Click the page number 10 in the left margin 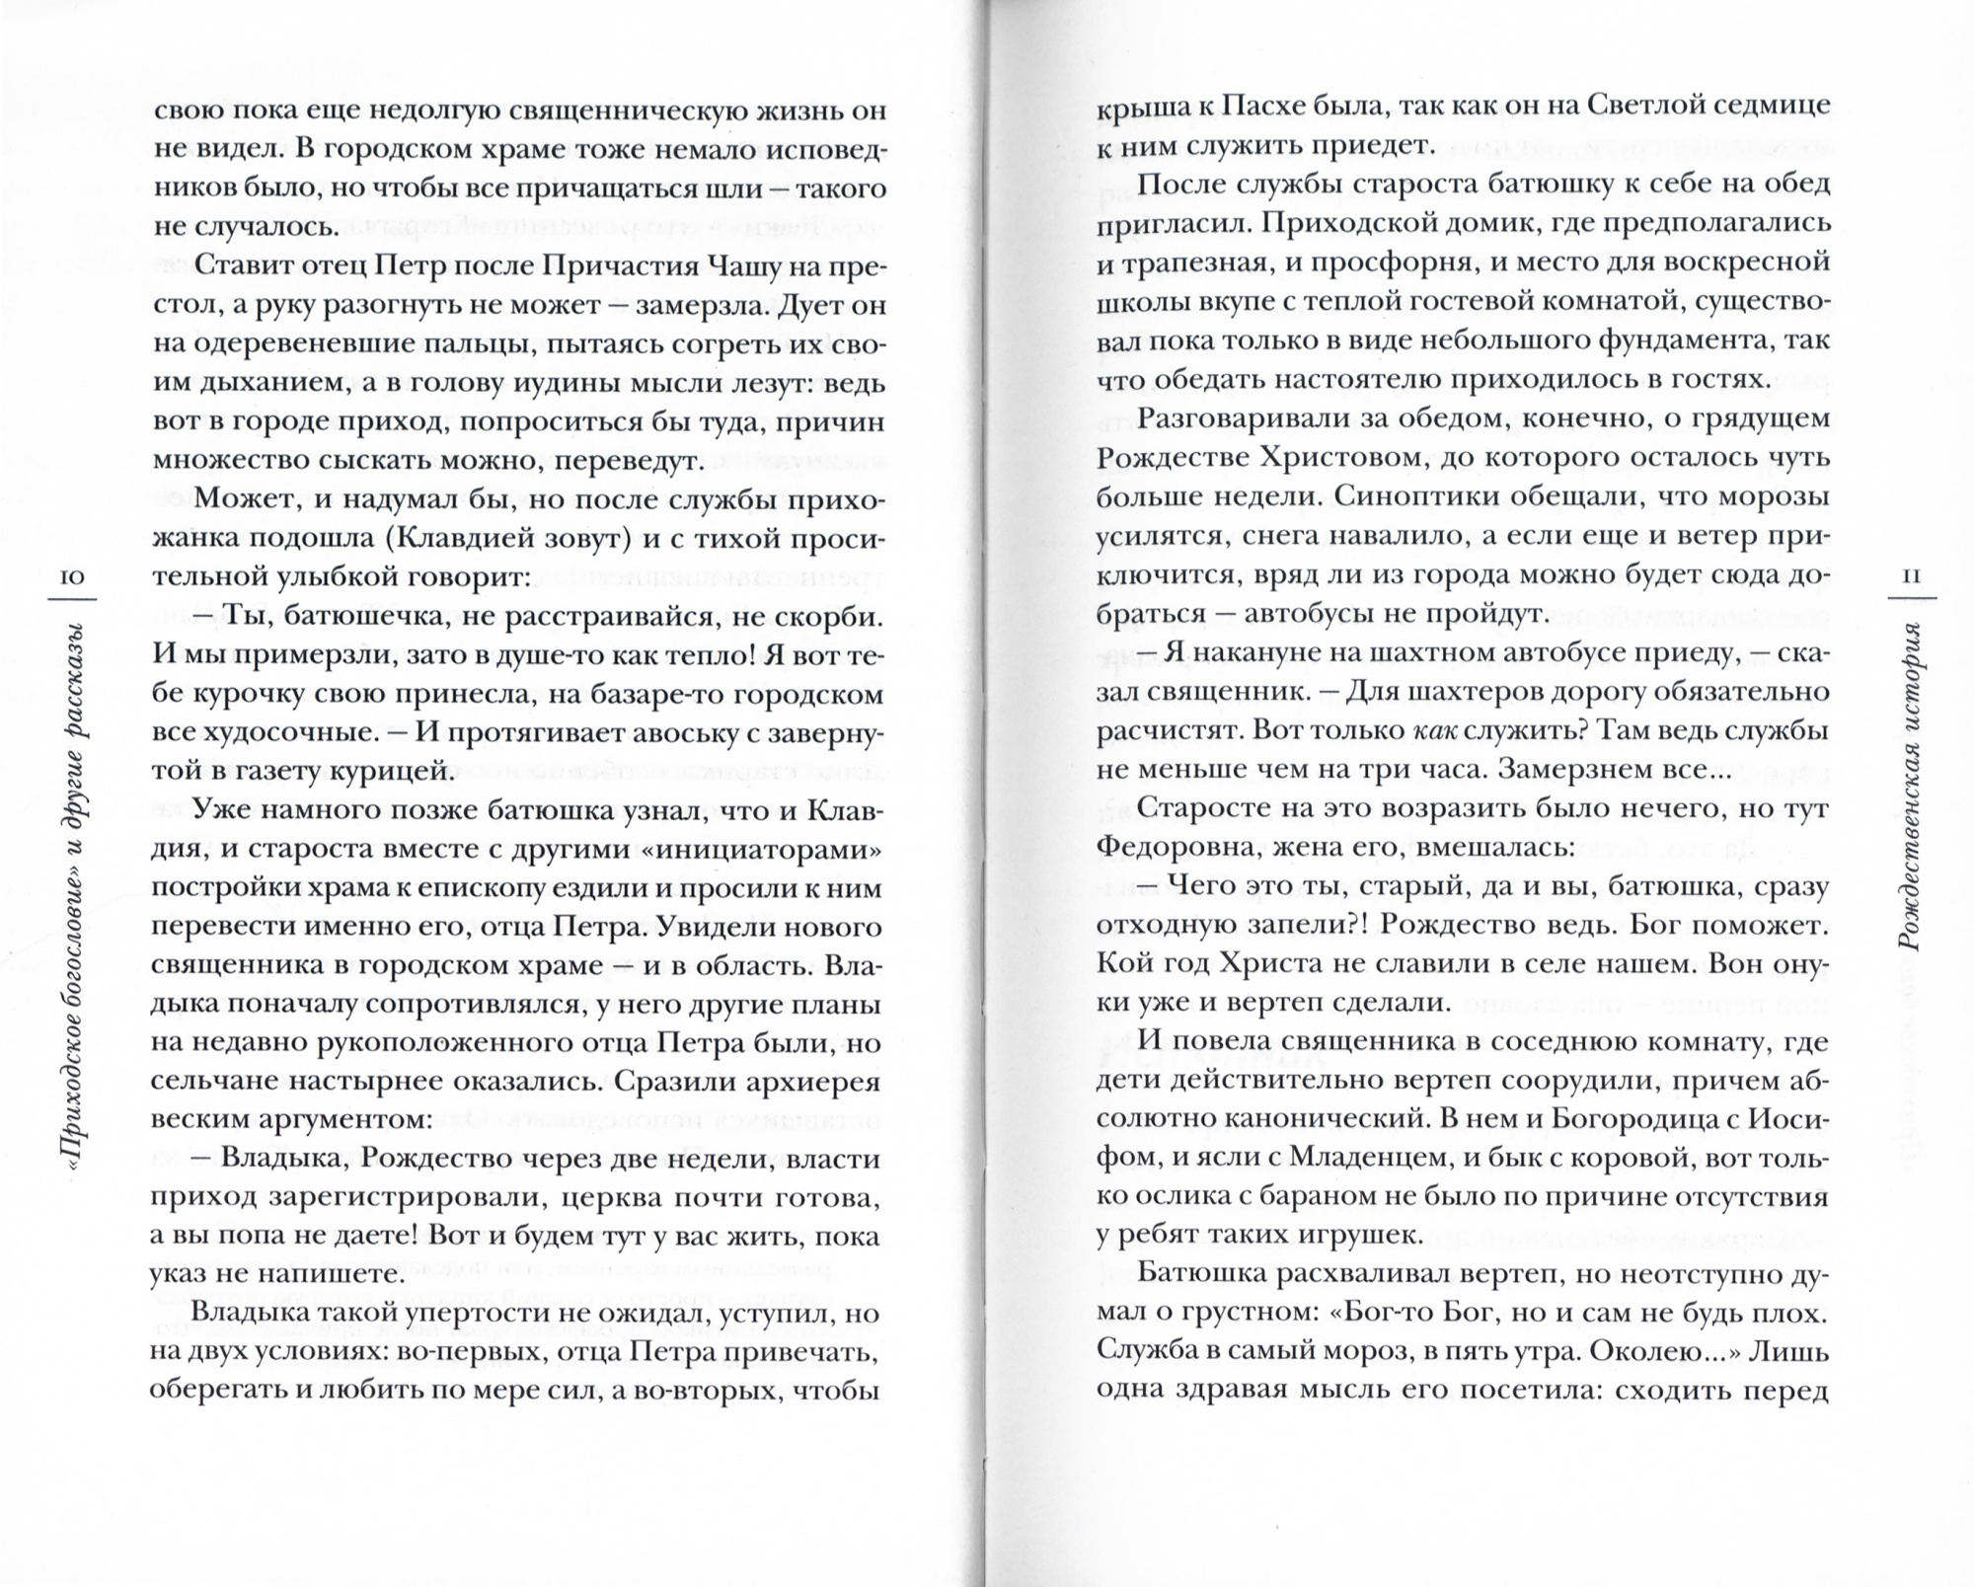coord(74,575)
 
